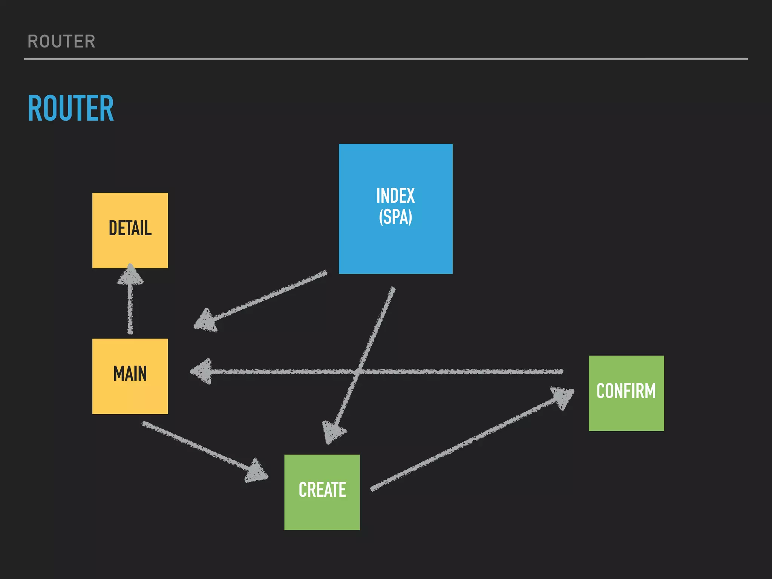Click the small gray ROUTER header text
point(61,41)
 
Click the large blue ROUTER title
point(71,109)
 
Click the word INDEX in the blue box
point(395,196)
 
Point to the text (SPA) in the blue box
point(395,218)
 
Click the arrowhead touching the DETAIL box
point(130,275)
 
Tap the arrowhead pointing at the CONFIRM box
point(562,397)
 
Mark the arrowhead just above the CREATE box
point(333,432)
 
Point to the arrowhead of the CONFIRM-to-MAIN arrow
point(202,372)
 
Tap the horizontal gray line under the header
point(386,59)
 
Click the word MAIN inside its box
point(130,374)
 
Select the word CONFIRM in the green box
point(626,391)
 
